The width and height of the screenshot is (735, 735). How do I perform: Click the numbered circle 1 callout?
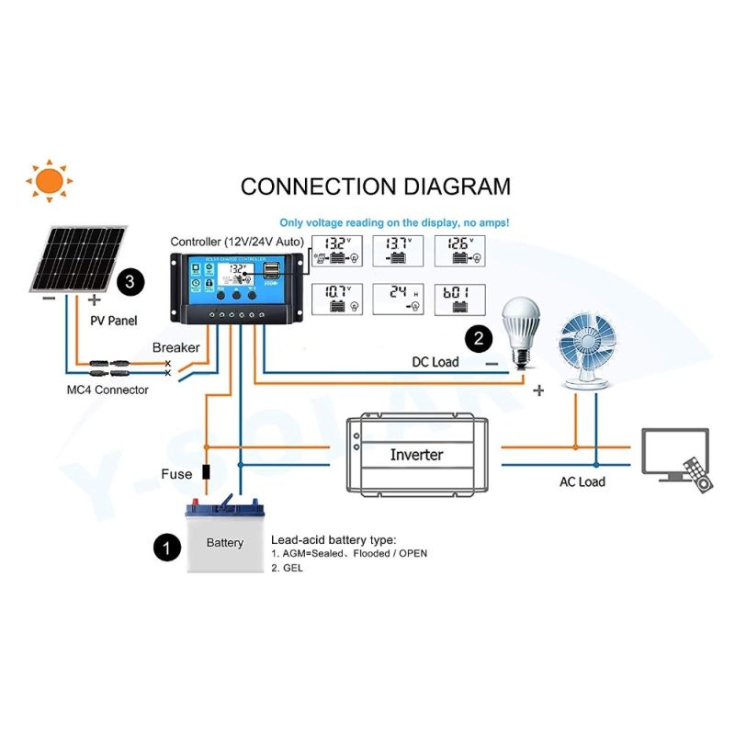click(x=166, y=549)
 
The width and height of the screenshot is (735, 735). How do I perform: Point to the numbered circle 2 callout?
click(x=478, y=338)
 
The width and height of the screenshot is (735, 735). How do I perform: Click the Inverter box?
click(x=416, y=454)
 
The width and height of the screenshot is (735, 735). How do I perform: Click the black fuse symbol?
click(x=207, y=474)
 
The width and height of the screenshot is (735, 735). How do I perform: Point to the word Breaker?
click(x=176, y=347)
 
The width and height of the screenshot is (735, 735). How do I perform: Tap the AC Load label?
click(x=582, y=481)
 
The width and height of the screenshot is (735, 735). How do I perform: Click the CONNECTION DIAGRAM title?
click(x=375, y=187)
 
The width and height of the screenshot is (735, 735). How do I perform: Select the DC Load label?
click(x=435, y=362)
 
